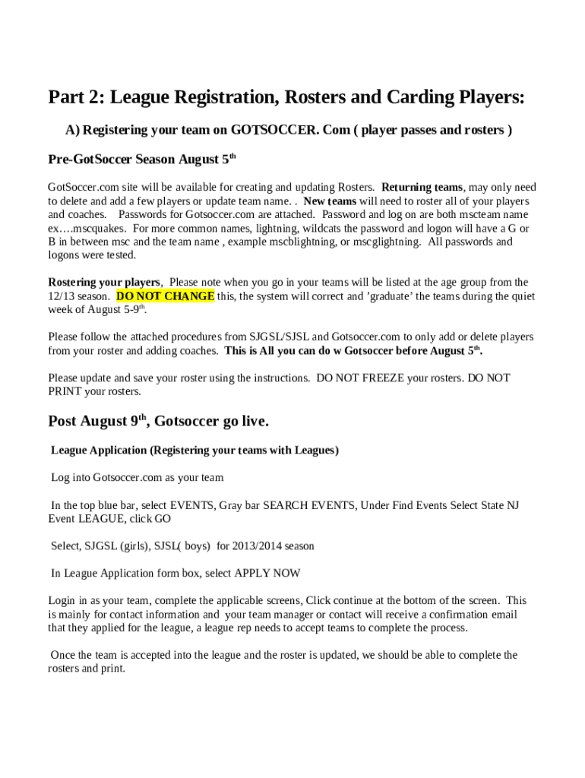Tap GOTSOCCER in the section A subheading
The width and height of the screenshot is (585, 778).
point(275,130)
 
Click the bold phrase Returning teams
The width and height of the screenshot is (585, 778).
point(422,187)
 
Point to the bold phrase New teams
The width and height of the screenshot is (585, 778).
point(330,201)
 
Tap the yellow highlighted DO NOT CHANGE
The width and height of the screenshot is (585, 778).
point(165,296)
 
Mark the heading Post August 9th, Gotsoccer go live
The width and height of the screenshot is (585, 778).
point(158,421)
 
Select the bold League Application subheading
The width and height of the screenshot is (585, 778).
point(194,450)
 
